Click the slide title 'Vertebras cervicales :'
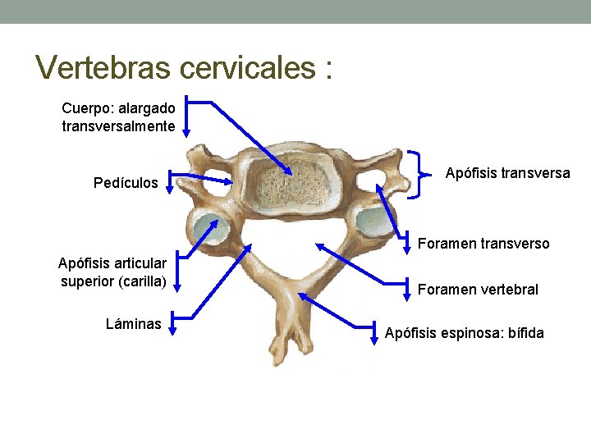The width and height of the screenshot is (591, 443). click(185, 67)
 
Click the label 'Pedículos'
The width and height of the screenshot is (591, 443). click(126, 183)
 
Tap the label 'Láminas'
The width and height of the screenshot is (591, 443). click(133, 324)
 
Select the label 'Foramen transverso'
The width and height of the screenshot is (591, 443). click(483, 244)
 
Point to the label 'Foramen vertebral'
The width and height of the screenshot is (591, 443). click(478, 290)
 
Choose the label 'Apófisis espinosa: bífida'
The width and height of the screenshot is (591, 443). click(464, 333)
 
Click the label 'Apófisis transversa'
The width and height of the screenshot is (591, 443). click(507, 173)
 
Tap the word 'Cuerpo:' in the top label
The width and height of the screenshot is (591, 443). click(85, 107)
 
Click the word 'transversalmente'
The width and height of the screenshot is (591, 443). click(118, 126)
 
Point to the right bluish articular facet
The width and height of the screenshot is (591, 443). click(373, 220)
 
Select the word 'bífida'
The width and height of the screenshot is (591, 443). click(524, 333)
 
